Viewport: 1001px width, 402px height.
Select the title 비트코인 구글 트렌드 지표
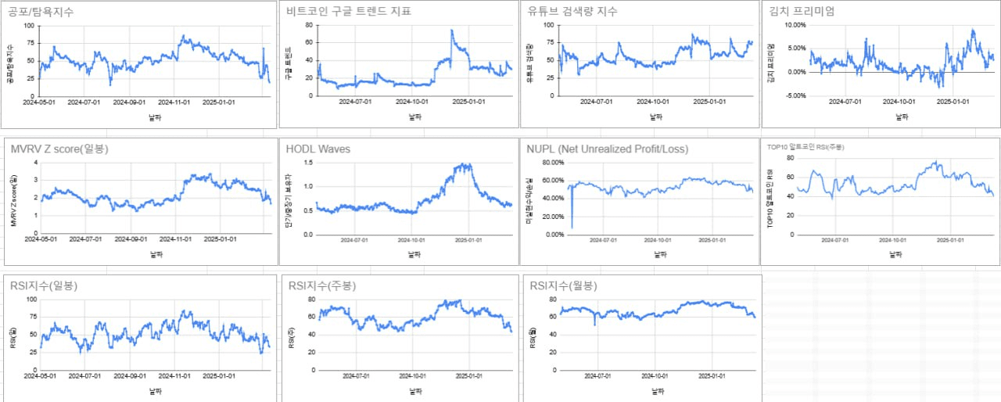pos(349,12)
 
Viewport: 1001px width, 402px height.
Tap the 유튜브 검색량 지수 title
pos(572,12)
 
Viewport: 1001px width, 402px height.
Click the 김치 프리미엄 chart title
pos(802,12)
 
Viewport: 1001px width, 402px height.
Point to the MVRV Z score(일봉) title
pos(60,149)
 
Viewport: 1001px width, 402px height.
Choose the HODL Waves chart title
pos(318,149)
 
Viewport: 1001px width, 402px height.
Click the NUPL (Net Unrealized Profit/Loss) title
pos(608,149)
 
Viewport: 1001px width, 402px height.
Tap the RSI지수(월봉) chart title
pos(563,286)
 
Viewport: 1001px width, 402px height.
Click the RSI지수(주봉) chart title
pos(321,286)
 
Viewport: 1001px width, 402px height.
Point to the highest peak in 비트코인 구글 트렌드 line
pos(451,31)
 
